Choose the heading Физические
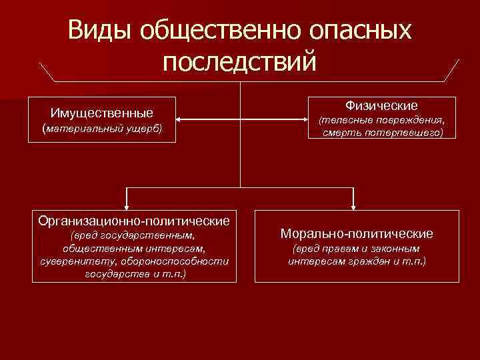pyautogui.click(x=381, y=105)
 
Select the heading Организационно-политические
pyautogui.click(x=134, y=220)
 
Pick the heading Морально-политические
pyautogui.click(x=357, y=234)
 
